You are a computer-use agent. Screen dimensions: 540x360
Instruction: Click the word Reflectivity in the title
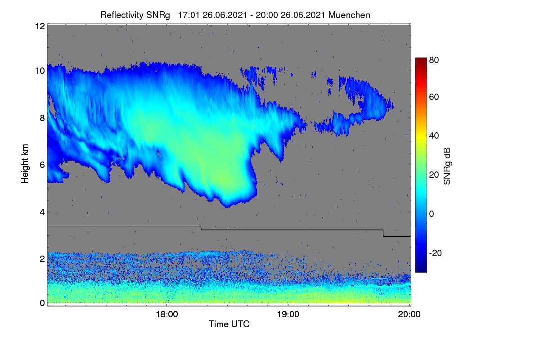coord(122,15)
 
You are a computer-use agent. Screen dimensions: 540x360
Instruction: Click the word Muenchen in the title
coord(349,15)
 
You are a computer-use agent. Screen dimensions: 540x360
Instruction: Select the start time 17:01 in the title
coord(189,15)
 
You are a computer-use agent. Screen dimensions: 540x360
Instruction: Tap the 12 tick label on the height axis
coord(40,26)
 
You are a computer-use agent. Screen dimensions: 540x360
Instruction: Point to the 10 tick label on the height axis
coord(40,71)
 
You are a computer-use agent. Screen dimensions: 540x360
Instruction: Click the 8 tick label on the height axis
coord(42,118)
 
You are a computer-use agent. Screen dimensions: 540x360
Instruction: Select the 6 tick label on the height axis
coord(42,165)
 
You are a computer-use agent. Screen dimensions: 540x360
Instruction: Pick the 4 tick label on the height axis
coord(42,212)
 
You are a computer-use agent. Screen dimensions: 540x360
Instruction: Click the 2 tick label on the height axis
coord(42,259)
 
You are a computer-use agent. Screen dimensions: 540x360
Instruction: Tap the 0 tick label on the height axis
coord(42,303)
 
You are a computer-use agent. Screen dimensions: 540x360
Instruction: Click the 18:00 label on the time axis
coord(167,314)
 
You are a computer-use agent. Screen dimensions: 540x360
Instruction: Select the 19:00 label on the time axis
coord(288,314)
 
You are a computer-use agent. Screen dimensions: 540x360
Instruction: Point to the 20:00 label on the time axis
coord(409,314)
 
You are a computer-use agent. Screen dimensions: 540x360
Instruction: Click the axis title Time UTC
coord(229,324)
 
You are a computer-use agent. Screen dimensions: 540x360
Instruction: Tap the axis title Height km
coord(25,164)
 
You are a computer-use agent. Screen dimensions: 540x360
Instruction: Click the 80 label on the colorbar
coord(434,60)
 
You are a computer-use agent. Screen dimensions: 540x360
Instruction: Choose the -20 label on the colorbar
coord(436,253)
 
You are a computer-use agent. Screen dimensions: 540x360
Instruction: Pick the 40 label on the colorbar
coord(434,136)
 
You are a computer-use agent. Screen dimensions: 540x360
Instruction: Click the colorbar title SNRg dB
coord(447,166)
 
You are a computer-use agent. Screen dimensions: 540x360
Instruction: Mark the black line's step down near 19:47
coord(383,233)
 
